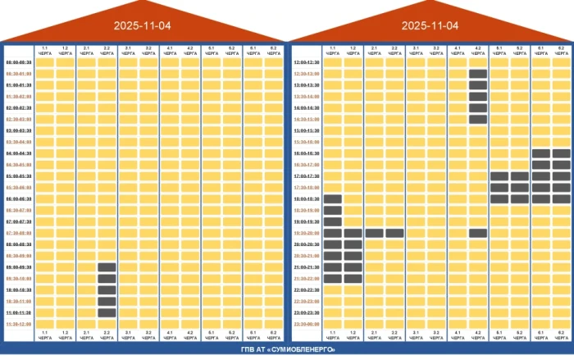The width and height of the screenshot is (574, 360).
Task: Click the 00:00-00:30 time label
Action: [x=19, y=62]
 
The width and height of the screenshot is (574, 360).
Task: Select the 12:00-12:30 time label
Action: [x=306, y=62]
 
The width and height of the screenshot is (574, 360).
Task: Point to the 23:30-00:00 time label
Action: [x=306, y=324]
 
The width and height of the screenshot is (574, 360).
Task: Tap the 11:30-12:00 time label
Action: [x=19, y=324]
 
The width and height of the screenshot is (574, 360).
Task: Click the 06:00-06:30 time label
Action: [x=19, y=198]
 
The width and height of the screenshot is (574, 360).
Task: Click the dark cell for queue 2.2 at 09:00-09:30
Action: [x=107, y=267]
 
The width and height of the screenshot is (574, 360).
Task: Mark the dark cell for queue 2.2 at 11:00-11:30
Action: [x=107, y=312]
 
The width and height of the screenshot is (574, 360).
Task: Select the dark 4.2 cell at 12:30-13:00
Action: [x=478, y=74]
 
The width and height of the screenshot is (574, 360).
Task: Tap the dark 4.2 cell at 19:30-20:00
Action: [x=478, y=233]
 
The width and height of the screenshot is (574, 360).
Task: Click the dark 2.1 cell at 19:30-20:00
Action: [x=374, y=233]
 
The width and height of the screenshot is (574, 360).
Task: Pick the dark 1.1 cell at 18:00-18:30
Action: [x=332, y=198]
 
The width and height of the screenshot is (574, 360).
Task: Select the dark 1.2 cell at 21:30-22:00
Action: [x=353, y=278]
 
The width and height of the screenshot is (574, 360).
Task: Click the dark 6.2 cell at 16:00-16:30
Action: [x=562, y=153]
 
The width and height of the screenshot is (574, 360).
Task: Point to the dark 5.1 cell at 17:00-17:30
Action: [x=499, y=175]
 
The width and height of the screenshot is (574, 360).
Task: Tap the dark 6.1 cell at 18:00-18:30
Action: [x=541, y=198]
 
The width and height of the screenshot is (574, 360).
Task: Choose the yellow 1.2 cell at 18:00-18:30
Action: [x=353, y=198]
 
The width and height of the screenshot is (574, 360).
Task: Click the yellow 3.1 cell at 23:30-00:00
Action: [x=416, y=324]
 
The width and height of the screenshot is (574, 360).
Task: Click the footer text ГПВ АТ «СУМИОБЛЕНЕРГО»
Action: [x=287, y=350]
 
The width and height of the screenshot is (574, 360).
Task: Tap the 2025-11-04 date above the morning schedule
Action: [x=143, y=25]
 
